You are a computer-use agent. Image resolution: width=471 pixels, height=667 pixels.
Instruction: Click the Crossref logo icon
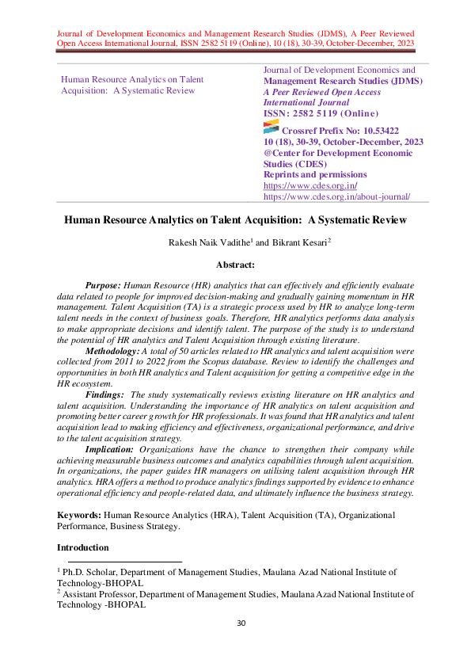(270, 129)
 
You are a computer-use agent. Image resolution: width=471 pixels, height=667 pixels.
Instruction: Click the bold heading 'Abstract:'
(235, 265)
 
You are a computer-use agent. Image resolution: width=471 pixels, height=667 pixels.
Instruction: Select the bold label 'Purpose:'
(103, 284)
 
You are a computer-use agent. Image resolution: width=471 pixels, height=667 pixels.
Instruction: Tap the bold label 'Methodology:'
(112, 350)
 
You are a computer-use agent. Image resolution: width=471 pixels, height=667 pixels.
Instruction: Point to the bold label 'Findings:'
(104, 394)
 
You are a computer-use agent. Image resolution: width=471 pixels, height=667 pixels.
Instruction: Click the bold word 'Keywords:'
(79, 515)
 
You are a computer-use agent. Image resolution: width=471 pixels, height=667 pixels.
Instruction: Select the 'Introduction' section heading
(83, 547)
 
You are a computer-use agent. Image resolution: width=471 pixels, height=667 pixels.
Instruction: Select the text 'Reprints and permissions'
(314, 174)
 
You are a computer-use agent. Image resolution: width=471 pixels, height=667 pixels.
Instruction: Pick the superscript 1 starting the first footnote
(59, 569)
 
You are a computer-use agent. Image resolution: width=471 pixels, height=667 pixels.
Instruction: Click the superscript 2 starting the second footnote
(59, 590)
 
